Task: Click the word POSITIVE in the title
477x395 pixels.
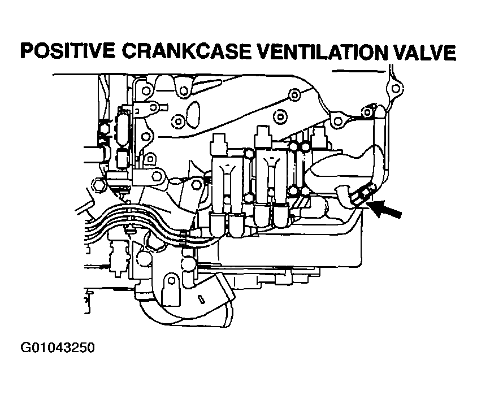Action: (68, 51)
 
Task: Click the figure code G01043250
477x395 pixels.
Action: (58, 348)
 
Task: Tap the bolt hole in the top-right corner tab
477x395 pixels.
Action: (395, 89)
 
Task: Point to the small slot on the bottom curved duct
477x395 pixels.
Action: (201, 298)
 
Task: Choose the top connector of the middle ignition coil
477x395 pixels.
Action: (263, 136)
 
